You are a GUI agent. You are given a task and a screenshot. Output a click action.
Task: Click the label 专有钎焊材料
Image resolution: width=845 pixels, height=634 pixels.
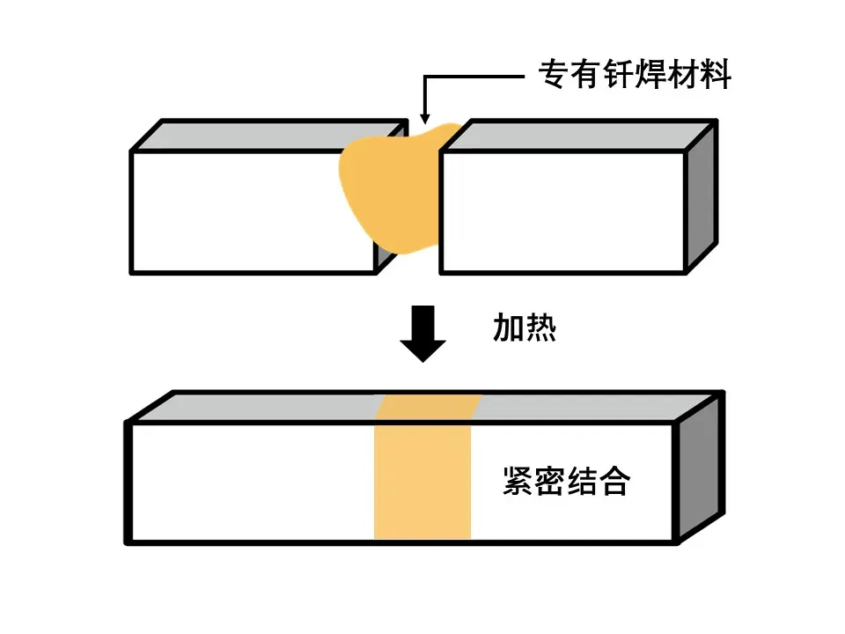[x=634, y=76]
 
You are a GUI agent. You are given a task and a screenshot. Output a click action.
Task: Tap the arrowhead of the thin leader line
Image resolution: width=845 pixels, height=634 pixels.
[x=424, y=116]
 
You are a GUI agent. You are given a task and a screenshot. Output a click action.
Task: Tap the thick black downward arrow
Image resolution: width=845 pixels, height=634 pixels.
[x=423, y=332]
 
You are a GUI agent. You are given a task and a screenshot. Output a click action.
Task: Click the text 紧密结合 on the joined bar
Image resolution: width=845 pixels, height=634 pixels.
[x=565, y=481]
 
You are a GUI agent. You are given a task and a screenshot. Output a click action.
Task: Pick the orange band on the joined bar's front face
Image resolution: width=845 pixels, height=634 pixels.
[x=422, y=481]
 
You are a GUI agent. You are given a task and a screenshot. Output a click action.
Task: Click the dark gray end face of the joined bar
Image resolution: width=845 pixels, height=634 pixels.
[x=701, y=467]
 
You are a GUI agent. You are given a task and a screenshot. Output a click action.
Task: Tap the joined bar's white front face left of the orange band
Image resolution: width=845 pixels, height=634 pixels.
[x=251, y=481]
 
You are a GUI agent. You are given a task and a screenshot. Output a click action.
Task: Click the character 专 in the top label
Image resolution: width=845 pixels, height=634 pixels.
[x=554, y=76]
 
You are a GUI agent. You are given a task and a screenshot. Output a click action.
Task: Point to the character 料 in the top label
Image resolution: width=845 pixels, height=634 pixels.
[x=715, y=76]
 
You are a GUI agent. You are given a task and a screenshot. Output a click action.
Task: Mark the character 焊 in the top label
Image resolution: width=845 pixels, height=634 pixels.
[x=634, y=76]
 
